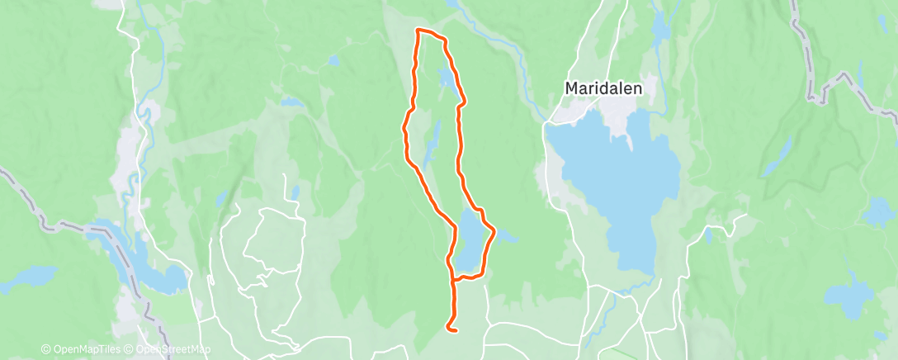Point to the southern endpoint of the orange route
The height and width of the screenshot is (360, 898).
click(x=455, y=329)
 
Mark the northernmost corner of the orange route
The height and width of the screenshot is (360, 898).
click(x=418, y=31)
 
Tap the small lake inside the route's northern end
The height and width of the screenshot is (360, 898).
click(x=446, y=78)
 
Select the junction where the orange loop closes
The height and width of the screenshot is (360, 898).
click(x=454, y=279)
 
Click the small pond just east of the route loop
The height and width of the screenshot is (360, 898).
click(x=505, y=239)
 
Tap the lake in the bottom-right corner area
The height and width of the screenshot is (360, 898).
click(x=849, y=293)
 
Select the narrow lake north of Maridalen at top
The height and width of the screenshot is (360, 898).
click(x=660, y=29)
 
